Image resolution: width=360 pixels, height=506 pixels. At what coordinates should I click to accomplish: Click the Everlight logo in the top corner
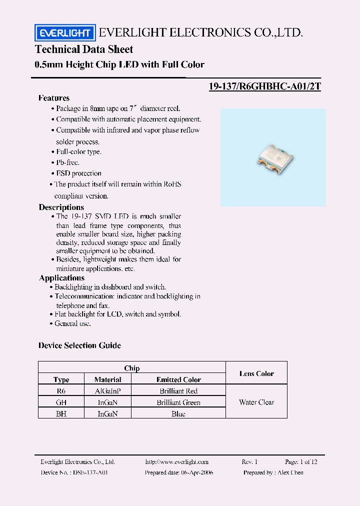pyautogui.click(x=64, y=33)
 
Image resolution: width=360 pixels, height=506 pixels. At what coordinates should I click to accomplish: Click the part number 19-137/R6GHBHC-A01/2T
pyautogui.click(x=264, y=86)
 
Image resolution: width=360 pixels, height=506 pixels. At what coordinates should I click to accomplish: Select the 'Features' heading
pyautogui.click(x=54, y=98)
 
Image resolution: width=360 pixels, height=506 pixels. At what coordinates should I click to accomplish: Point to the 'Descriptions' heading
pyautogui.click(x=61, y=207)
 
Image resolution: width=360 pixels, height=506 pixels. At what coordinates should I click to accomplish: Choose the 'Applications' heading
pyautogui.click(x=62, y=278)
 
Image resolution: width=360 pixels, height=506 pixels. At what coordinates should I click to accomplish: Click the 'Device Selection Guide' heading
pyautogui.click(x=79, y=345)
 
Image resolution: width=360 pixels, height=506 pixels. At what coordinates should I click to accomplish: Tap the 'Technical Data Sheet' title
pyautogui.click(x=84, y=49)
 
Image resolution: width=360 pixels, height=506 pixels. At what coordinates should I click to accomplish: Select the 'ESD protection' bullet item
pyautogui.click(x=78, y=173)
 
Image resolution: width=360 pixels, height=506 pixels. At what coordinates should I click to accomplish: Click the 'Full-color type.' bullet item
pyautogui.click(x=78, y=151)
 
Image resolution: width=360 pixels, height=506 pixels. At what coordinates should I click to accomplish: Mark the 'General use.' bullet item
pyautogui.click(x=72, y=323)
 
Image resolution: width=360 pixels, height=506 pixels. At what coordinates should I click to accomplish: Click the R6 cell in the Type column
pyautogui.click(x=61, y=391)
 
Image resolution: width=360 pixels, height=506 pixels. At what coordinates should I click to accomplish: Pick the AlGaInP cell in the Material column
pyautogui.click(x=108, y=391)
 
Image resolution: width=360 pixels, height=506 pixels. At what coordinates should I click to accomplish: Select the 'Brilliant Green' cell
pyautogui.click(x=178, y=402)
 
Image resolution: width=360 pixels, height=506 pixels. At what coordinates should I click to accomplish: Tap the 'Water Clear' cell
pyautogui.click(x=256, y=402)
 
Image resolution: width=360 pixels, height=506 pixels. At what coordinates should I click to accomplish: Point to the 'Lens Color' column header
pyautogui.click(x=256, y=373)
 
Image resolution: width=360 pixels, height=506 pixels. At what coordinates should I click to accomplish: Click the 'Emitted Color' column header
pyautogui.click(x=178, y=380)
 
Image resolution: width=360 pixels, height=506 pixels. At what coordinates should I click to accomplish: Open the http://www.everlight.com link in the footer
pyautogui.click(x=176, y=462)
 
